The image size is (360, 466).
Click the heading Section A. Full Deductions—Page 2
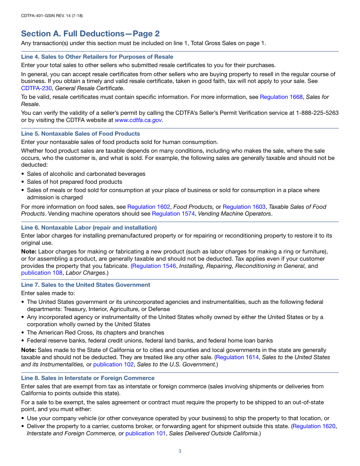click(x=90, y=34)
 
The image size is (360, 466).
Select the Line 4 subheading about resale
click(x=97, y=57)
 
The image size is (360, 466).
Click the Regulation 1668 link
click(x=281, y=97)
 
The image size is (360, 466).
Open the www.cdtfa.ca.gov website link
click(x=138, y=120)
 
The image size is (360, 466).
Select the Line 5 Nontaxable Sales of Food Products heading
click(x=80, y=134)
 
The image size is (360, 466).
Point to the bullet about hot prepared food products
click(x=74, y=182)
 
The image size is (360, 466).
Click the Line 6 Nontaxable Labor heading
click(x=89, y=228)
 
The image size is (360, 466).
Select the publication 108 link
click(x=42, y=273)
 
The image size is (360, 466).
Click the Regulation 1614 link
click(x=237, y=357)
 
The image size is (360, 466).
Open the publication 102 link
click(x=113, y=364)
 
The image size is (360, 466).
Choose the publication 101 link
click(x=146, y=433)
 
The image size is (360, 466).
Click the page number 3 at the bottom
click(x=180, y=451)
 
